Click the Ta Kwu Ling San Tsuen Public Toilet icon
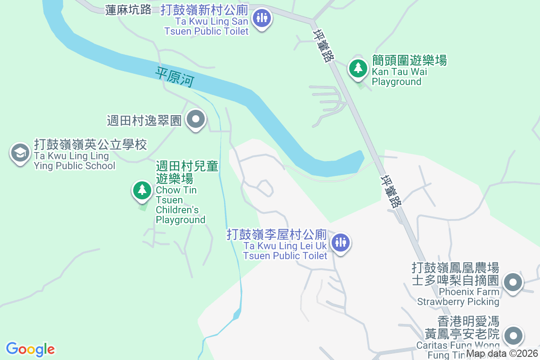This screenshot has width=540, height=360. pos(261,18)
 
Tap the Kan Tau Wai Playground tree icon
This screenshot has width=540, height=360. pos(358,68)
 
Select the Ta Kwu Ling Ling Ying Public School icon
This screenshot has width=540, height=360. pos(20,153)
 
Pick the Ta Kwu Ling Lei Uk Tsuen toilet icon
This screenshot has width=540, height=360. pos(341,243)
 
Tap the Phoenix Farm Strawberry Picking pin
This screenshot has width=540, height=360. pos(513,283)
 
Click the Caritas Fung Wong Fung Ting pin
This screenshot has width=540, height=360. pos(513,336)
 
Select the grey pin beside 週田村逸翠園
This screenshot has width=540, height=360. pos(196,120)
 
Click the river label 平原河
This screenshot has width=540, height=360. pos(175,77)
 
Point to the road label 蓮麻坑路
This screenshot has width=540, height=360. pos(128,10)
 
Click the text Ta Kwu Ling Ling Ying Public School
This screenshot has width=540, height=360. pos(75,161)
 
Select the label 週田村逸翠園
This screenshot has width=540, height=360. pos(144,121)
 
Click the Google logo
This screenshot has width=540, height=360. pos(30,349)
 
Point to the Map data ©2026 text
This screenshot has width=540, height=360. pos(502,354)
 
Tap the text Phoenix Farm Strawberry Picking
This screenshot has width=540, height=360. pos(458,297)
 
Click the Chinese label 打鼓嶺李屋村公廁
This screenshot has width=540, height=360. pos(277,234)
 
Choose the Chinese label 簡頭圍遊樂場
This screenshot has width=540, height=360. pos(409,60)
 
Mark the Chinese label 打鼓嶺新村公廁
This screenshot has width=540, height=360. pos(204,10)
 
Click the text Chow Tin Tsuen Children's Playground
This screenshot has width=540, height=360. pos(180,205)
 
